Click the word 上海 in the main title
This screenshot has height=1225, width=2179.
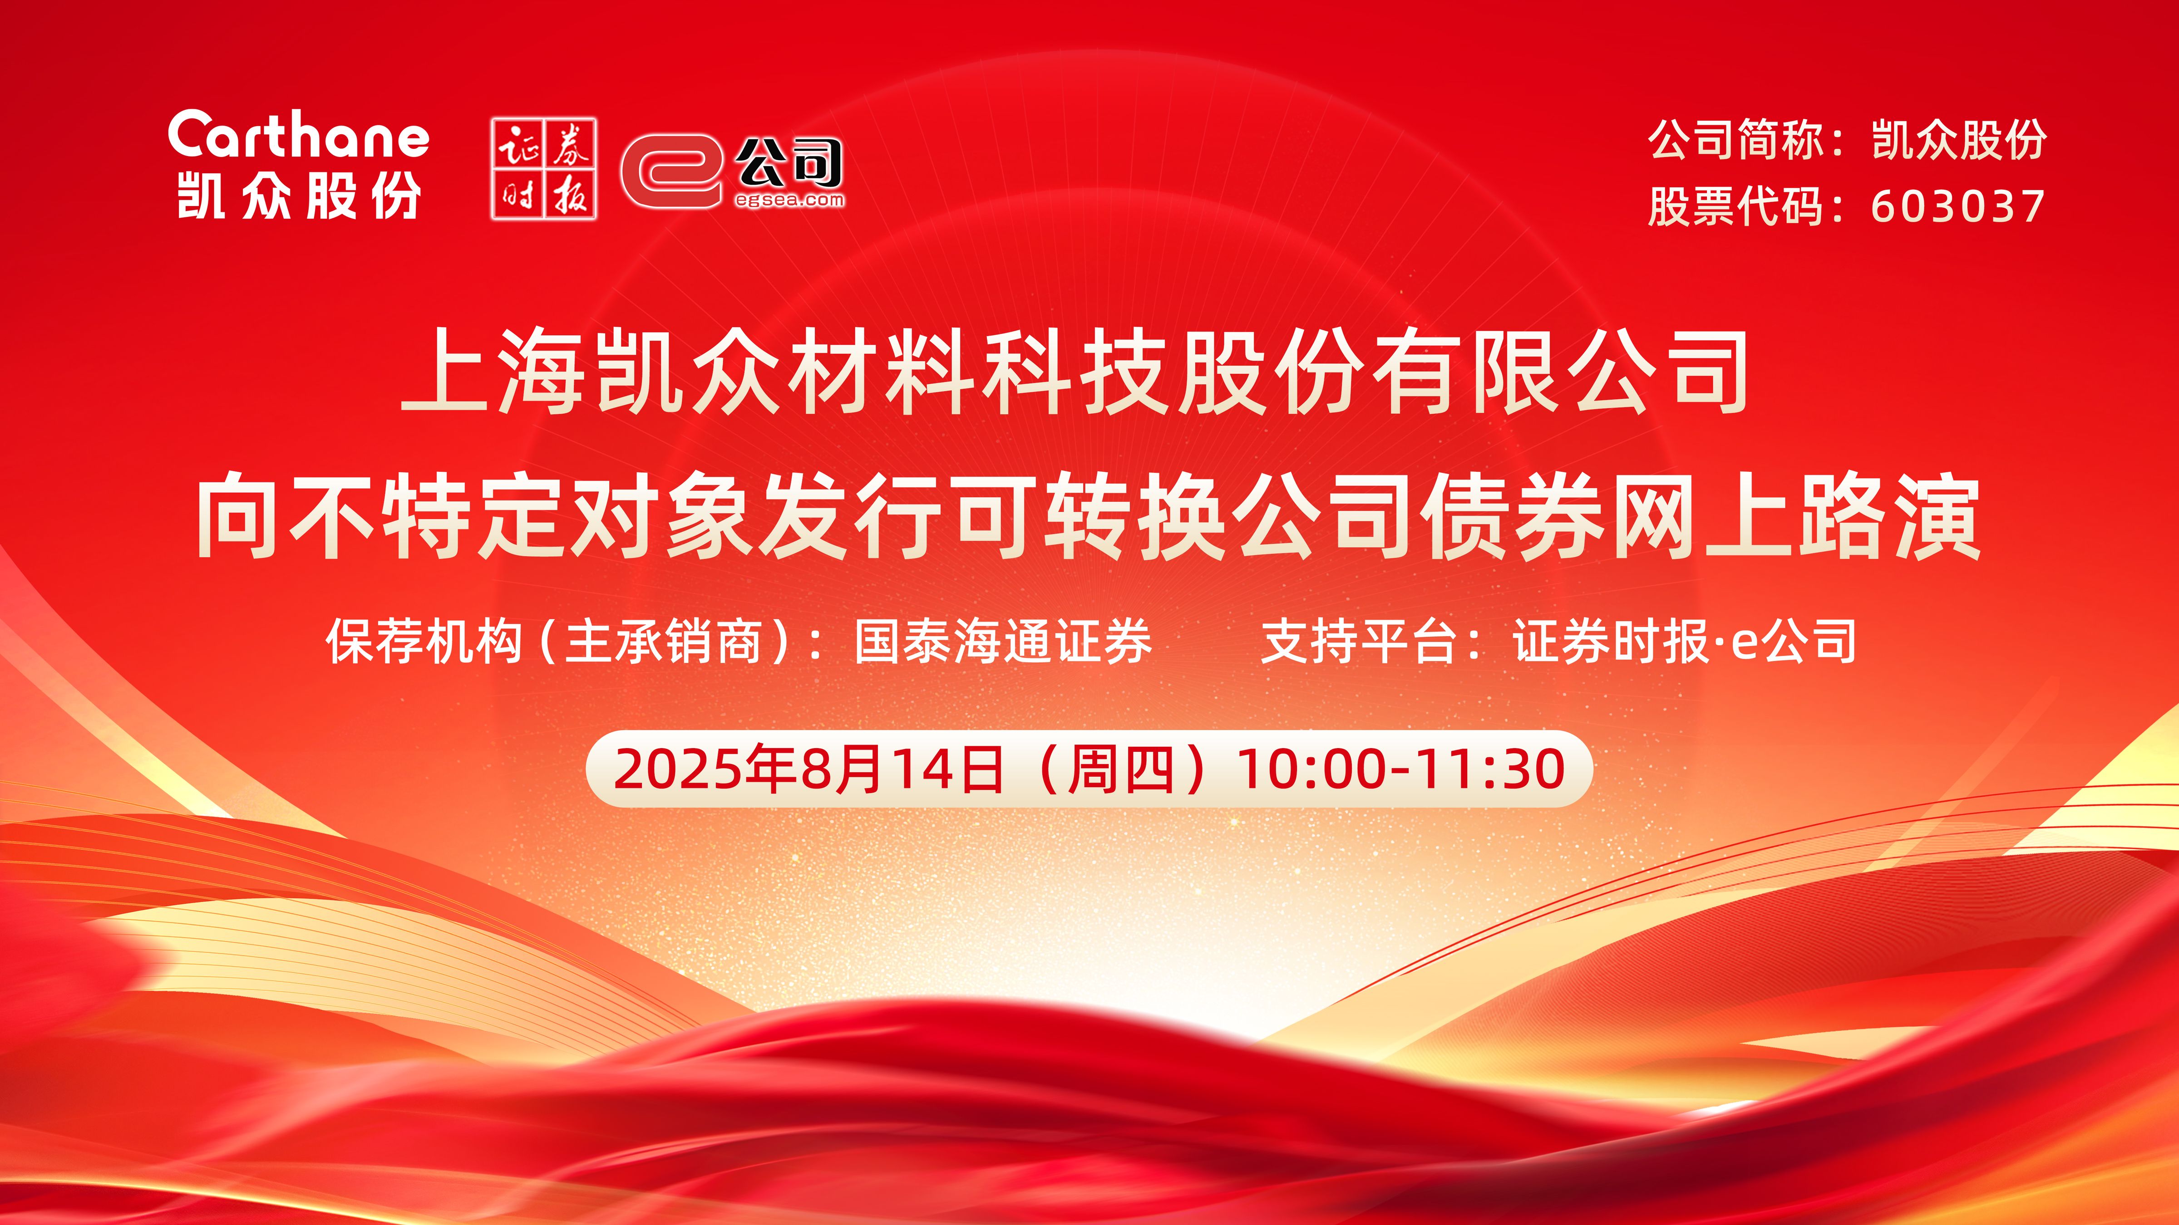pyautogui.click(x=495, y=372)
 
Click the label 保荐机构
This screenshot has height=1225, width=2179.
pyautogui.click(x=424, y=641)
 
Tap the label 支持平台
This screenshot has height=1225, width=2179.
pyautogui.click(x=1359, y=641)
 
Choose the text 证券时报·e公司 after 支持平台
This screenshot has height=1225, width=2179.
pyautogui.click(x=1685, y=641)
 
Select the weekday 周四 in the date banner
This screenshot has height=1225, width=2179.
pyautogui.click(x=1121, y=769)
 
